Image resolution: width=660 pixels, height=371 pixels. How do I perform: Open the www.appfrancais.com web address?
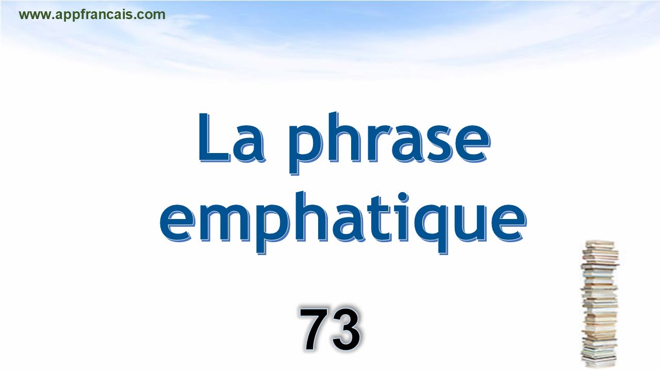(92, 15)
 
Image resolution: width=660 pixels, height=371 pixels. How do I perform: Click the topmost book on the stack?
(600, 243)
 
